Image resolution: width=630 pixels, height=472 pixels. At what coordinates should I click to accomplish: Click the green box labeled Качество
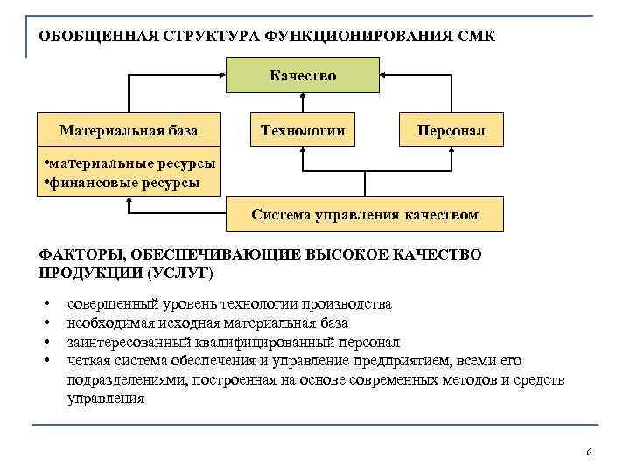tap(303, 75)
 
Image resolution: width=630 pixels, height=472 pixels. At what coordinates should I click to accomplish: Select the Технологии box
tap(303, 131)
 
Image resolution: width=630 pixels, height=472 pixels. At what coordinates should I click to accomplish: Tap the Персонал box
tap(451, 131)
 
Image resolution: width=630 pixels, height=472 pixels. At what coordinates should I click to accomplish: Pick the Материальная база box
tap(129, 131)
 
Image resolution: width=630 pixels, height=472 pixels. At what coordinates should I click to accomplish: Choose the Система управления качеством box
tap(365, 214)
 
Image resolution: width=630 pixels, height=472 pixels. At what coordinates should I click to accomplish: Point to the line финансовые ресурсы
tap(122, 183)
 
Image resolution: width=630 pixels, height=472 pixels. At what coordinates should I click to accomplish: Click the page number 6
tap(589, 452)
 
